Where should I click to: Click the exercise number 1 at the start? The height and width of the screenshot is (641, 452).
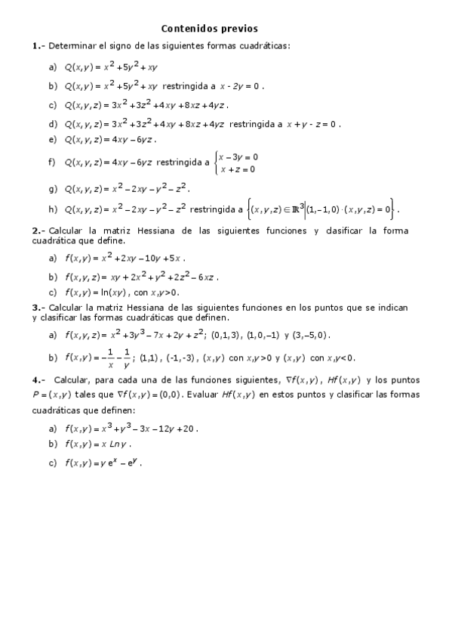point(35,46)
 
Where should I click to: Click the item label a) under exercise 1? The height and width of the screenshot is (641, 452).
point(52,67)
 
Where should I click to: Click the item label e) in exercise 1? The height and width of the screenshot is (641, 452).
point(52,139)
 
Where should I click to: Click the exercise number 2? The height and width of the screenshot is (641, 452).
point(35,231)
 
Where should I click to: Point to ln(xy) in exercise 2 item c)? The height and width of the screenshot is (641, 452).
point(118,293)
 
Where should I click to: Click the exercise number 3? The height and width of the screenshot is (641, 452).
point(35,308)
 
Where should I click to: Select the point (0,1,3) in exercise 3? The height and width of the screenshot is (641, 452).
point(226,335)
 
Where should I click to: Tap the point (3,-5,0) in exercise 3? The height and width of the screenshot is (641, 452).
point(311,335)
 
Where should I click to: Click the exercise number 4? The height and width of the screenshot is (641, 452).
point(35,379)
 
